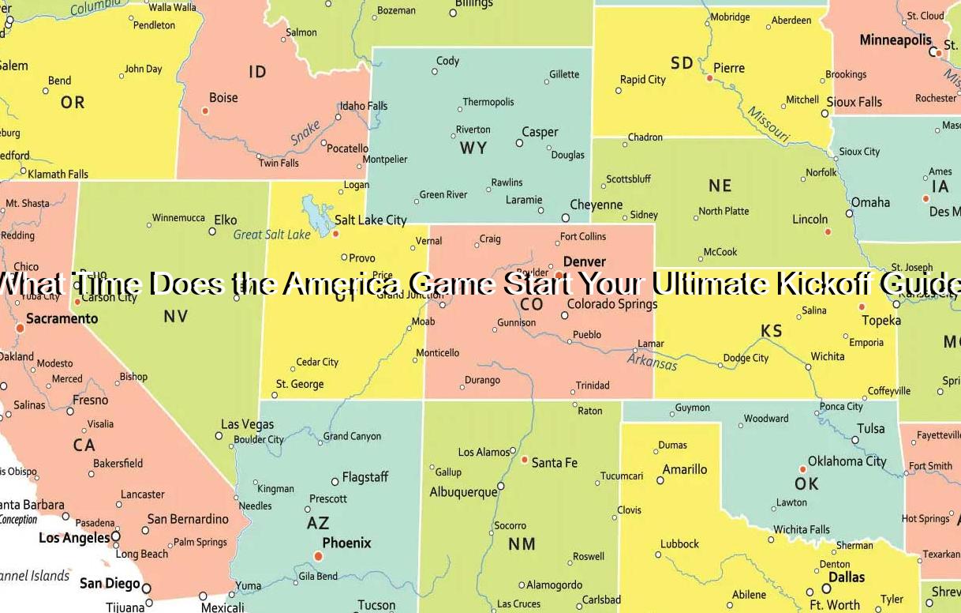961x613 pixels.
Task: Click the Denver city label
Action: (584, 261)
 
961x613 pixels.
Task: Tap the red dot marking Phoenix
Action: (319, 556)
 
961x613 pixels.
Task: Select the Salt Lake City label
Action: (370, 220)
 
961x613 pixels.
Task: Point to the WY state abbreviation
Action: (473, 148)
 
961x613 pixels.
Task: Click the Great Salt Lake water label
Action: (272, 235)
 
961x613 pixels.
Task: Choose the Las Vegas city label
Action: (247, 424)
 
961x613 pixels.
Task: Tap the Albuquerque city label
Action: (463, 491)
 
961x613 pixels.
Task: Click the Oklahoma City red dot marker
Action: (803, 469)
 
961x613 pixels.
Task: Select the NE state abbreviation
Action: (720, 186)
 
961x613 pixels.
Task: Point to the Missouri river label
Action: (768, 125)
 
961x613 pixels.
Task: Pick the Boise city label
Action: (223, 98)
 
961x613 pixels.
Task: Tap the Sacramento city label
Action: (62, 318)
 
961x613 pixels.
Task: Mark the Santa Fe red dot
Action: (524, 459)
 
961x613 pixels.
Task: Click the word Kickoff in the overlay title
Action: (821, 283)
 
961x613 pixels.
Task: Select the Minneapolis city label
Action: (895, 39)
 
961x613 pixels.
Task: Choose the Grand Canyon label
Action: (352, 436)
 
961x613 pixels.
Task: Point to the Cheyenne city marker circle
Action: (566, 217)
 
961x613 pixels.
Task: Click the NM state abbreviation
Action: (522, 543)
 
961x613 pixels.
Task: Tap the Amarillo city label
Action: (684, 469)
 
